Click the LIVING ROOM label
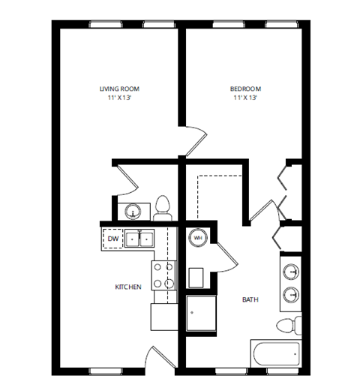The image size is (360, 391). point(119,89)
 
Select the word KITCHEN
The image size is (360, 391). point(127,287)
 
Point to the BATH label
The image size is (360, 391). point(250,299)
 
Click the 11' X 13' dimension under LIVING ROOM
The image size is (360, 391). point(119,98)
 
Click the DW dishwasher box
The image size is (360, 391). point(113,239)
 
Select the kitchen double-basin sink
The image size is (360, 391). point(139,239)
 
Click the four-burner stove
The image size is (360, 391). point(164,275)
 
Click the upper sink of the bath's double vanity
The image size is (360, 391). point(292,270)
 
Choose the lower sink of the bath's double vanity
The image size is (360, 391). point(292,294)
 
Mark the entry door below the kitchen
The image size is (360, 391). point(157,359)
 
